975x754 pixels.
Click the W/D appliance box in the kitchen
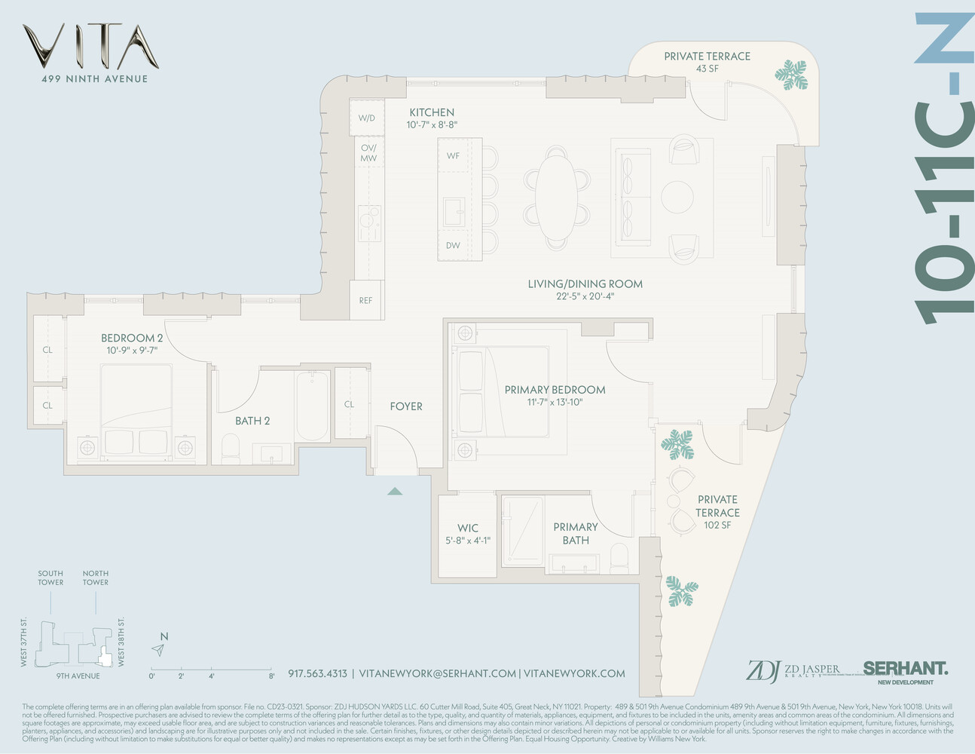coord(367,118)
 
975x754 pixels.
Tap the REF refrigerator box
coord(365,300)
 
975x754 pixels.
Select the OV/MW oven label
coord(368,153)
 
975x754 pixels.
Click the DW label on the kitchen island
coord(453,246)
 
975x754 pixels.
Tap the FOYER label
coord(406,406)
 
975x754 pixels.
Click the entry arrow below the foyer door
coord(395,491)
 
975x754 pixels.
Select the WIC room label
coord(468,528)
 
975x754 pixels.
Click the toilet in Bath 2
coord(231,449)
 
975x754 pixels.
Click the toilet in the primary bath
coord(619,557)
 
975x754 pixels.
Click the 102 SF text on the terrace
coord(717,525)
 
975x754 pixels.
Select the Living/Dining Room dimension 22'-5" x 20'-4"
coord(585,296)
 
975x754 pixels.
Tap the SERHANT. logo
coord(905,668)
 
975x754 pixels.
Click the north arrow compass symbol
coord(159,649)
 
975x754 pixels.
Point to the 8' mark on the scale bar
coord(271,676)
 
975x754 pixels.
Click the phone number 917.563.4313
coord(317,673)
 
